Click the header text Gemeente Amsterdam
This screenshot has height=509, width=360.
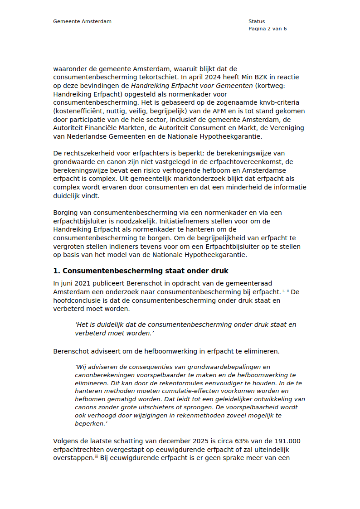coord(82,21)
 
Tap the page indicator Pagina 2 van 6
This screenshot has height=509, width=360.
coord(268,29)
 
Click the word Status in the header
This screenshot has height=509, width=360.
coord(256,21)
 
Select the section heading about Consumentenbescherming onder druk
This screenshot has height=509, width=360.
coord(141,271)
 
